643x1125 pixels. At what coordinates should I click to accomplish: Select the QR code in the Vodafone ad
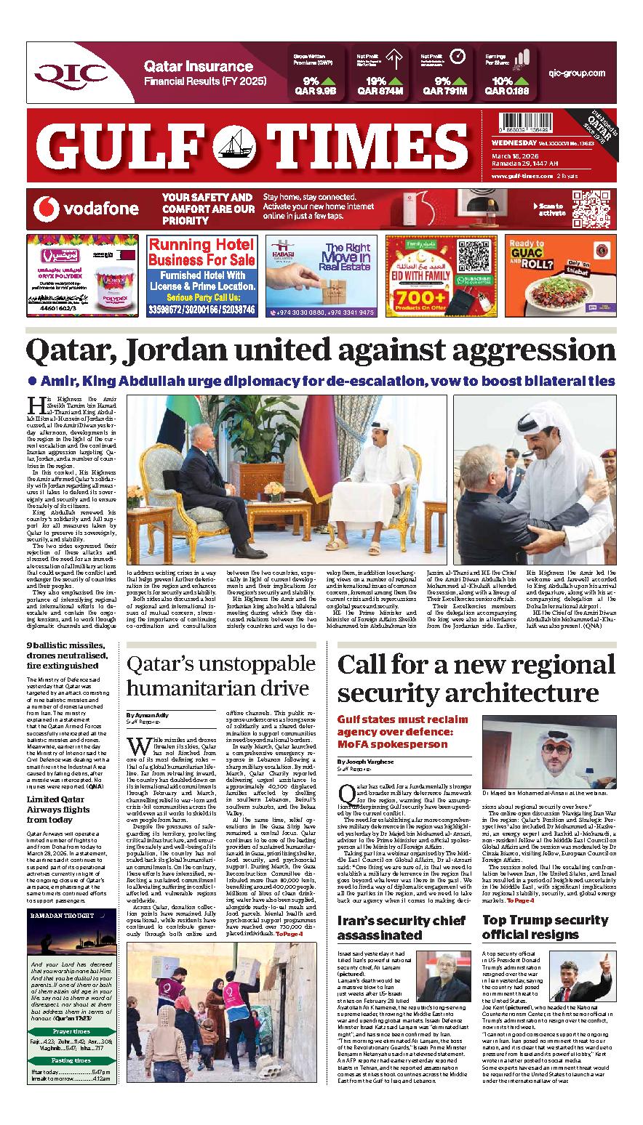[x=590, y=209]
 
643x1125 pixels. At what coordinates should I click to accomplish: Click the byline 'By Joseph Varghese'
[x=365, y=761]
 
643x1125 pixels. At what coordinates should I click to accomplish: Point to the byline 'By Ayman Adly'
[x=147, y=715]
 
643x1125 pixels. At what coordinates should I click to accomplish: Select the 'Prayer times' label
[x=71, y=1031]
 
